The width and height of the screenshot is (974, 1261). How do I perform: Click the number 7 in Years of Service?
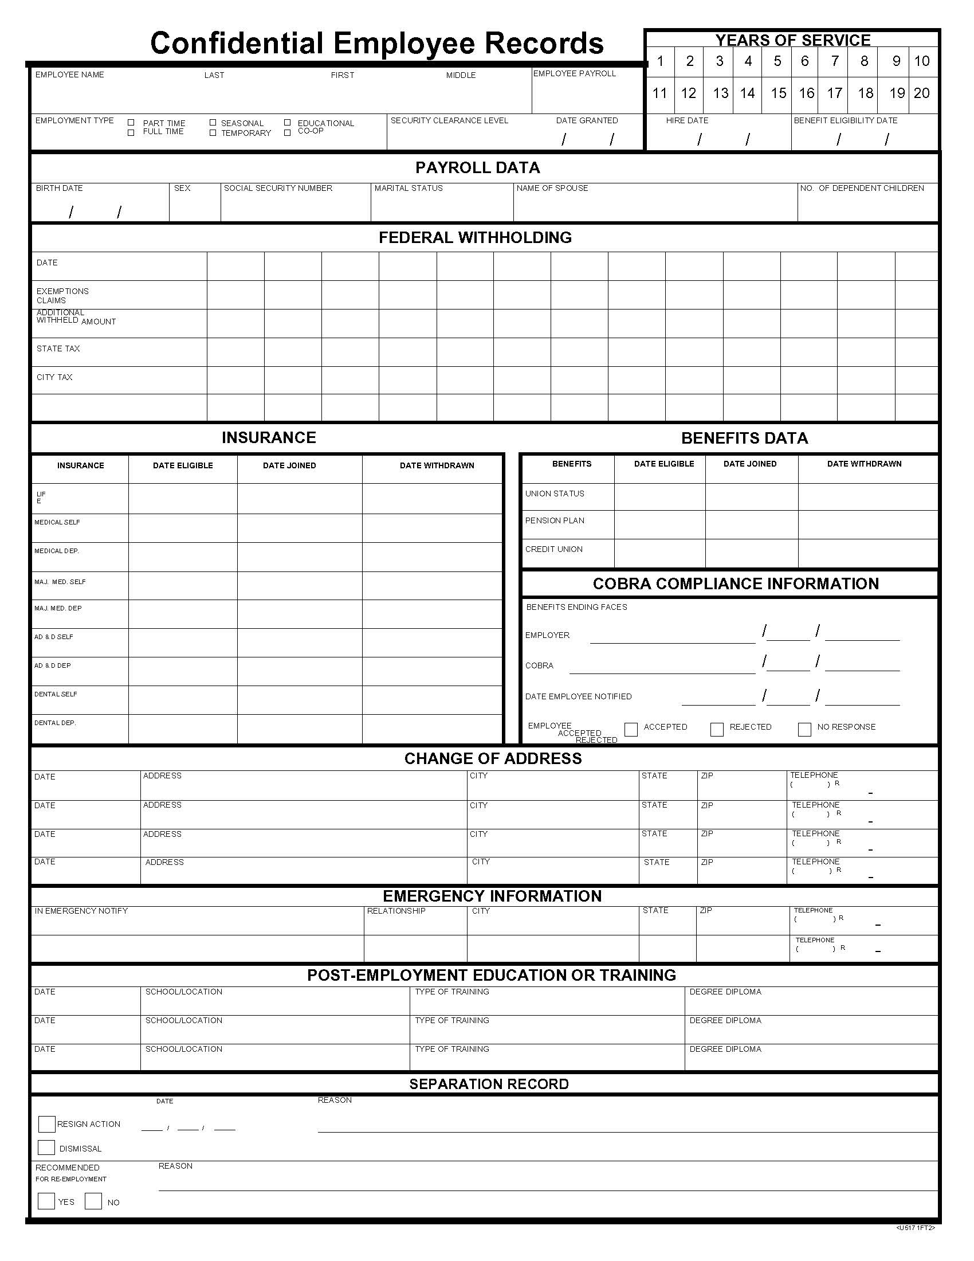(x=834, y=61)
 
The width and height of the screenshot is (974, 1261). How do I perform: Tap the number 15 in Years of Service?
(x=779, y=93)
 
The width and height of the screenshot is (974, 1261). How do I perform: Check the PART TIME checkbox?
(x=131, y=123)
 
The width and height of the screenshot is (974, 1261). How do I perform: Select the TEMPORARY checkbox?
(x=213, y=133)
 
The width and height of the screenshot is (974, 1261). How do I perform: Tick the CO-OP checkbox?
(x=288, y=133)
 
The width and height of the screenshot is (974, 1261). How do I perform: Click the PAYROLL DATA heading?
(x=477, y=168)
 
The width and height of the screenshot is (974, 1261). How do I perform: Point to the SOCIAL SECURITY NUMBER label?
(x=277, y=188)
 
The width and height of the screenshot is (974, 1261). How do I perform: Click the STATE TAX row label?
(x=58, y=348)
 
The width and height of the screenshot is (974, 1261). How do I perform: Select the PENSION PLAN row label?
(x=554, y=521)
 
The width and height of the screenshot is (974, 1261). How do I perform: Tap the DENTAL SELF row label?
(x=56, y=694)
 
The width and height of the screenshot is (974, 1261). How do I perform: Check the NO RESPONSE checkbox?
(x=804, y=729)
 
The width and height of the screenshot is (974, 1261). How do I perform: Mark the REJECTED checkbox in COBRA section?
(x=717, y=729)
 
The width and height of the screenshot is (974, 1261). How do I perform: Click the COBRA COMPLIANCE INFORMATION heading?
(x=735, y=583)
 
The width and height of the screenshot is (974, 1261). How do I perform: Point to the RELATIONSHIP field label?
(x=396, y=911)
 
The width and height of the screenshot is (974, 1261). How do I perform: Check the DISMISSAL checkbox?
(x=46, y=1148)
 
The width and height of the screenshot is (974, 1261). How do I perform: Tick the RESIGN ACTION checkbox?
(x=46, y=1123)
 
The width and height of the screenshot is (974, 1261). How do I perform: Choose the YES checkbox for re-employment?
(x=46, y=1201)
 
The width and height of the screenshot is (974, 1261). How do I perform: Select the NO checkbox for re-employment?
(x=93, y=1201)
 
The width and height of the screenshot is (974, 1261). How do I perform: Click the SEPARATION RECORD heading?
(x=489, y=1084)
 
